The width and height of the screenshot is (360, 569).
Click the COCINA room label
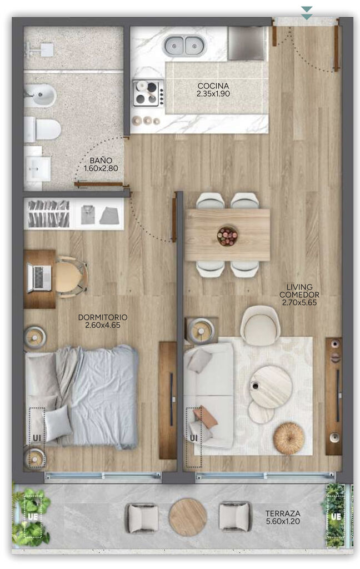pyautogui.click(x=213, y=89)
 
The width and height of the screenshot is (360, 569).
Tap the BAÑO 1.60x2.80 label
pyautogui.click(x=101, y=164)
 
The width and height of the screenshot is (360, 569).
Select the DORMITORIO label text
pyautogui.click(x=103, y=317)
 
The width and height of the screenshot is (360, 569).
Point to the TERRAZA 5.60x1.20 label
pyautogui.click(x=283, y=517)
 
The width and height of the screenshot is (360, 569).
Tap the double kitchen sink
pyautogui.click(x=184, y=46)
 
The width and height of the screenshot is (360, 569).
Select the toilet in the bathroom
pyautogui.click(x=42, y=129)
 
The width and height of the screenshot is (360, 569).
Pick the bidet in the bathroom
pyautogui.click(x=40, y=96)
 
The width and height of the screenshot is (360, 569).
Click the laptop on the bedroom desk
pyautogui.click(x=39, y=278)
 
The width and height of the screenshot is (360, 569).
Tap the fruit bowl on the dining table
pyautogui.click(x=227, y=236)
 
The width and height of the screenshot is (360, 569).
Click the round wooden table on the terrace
pyautogui.click(x=188, y=517)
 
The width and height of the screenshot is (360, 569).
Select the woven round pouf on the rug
pyautogui.click(x=289, y=438)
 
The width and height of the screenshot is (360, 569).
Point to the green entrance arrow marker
pyautogui.click(x=307, y=13)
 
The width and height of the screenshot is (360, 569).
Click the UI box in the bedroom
pyautogui.click(x=37, y=438)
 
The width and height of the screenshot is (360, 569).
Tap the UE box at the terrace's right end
pyautogui.click(x=336, y=516)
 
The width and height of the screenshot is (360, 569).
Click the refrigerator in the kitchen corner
pyautogui.click(x=247, y=43)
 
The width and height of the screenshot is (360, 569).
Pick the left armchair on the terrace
pyautogui.click(x=142, y=517)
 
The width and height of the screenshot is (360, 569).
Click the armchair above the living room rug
pyautogui.click(x=260, y=325)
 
